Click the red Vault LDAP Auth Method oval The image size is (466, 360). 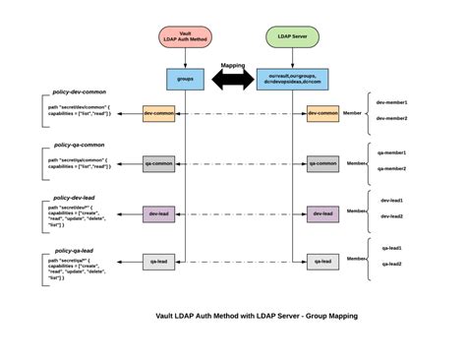(x=185, y=37)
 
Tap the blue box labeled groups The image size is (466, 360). (x=185, y=77)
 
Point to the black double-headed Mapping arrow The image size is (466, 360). (x=233, y=82)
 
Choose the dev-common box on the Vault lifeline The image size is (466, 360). (x=158, y=113)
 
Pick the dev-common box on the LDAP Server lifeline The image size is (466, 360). (x=321, y=113)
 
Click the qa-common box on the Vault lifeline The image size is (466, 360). (x=158, y=163)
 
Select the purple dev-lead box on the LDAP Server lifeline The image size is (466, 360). (x=321, y=212)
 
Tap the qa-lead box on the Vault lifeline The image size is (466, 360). (x=158, y=261)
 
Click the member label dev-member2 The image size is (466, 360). (x=393, y=118)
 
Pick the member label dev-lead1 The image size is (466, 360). (x=391, y=201)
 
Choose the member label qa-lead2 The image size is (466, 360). (x=391, y=264)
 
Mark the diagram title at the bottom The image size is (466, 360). (x=257, y=316)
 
